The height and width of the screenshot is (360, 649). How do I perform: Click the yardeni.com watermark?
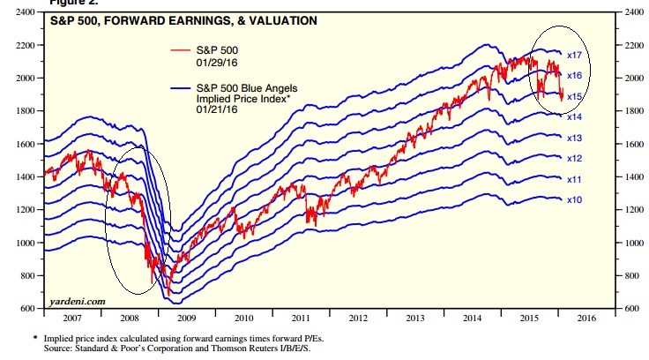(77, 302)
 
